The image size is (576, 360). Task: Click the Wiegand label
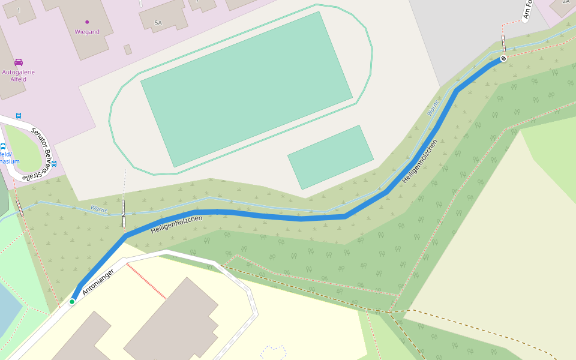click(x=87, y=32)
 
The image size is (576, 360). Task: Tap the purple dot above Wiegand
click(x=87, y=22)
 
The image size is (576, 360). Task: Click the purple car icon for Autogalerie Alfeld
click(x=19, y=62)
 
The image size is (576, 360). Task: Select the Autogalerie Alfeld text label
click(x=19, y=76)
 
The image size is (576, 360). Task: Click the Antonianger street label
click(x=97, y=281)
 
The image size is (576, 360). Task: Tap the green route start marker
click(x=72, y=301)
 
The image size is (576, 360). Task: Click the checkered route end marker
click(x=503, y=58)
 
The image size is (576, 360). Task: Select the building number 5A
click(x=158, y=23)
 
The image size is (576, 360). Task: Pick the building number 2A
click(x=565, y=1)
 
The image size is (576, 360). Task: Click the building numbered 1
click(x=19, y=10)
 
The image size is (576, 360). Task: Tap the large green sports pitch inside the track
click(x=246, y=89)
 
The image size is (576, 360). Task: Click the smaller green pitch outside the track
click(x=331, y=157)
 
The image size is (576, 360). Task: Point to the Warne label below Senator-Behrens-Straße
click(x=99, y=209)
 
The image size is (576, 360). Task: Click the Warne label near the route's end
click(x=433, y=108)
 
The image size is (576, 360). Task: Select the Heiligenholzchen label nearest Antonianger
click(x=176, y=224)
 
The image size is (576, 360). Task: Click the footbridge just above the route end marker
click(x=503, y=44)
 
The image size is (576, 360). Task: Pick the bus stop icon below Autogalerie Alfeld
click(x=19, y=115)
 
